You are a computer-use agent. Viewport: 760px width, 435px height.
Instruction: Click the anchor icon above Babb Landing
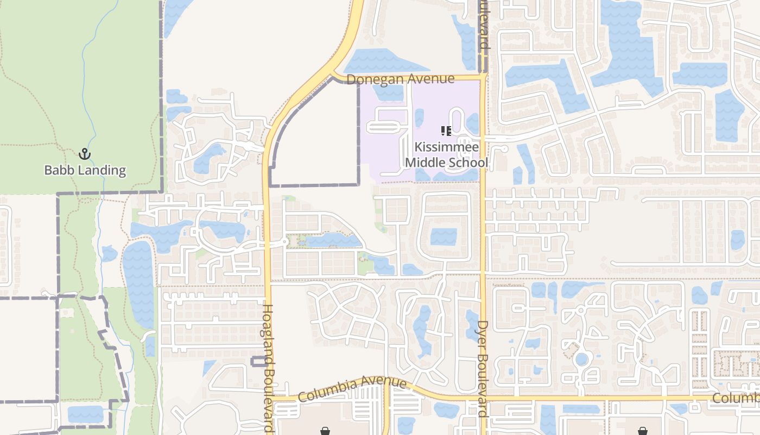coord(84,154)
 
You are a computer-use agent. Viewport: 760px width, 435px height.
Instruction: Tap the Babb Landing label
coord(85,170)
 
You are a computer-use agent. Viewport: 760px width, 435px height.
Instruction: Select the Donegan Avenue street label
coord(400,79)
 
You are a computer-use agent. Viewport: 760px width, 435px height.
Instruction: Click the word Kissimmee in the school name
coord(447,147)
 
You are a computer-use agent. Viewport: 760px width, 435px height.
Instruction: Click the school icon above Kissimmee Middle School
coord(446,131)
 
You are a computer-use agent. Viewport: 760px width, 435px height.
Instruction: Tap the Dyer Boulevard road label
coord(483,369)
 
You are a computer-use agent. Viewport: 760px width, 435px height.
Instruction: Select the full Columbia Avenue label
coord(352,390)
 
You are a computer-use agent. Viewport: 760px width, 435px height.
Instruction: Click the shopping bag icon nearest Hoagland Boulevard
coord(325,431)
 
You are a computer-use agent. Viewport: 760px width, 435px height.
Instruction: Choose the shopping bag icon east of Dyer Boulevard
coord(643,431)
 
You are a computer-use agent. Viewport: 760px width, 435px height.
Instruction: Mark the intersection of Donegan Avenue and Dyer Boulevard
coord(483,77)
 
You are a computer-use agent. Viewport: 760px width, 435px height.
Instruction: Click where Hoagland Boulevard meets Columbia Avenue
coord(269,400)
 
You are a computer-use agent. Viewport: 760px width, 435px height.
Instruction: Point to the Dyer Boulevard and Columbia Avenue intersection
coord(483,399)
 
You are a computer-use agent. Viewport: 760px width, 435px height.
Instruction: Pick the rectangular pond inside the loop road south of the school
coord(444,237)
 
